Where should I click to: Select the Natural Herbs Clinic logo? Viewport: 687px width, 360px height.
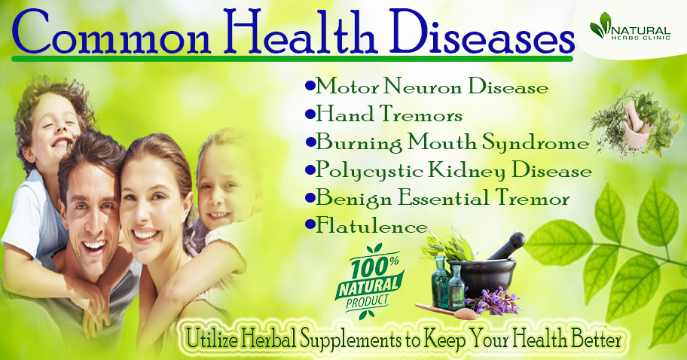pos(630,28)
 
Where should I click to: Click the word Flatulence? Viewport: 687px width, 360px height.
pos(371,226)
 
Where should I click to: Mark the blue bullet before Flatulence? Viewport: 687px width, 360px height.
pos(310,225)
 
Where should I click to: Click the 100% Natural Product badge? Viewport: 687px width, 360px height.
pos(369,280)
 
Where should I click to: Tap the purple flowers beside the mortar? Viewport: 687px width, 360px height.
pos(494,302)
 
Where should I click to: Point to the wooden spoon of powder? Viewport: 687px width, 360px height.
pos(446,310)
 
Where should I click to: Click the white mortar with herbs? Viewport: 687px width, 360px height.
pos(634,128)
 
